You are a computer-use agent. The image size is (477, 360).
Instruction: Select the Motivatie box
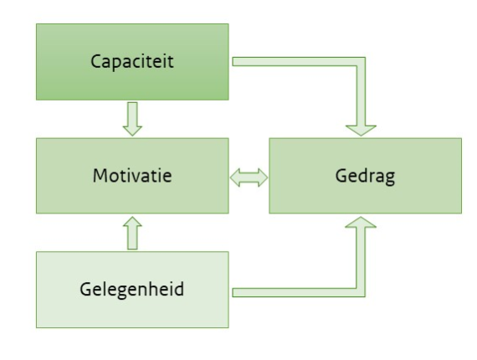[131, 177]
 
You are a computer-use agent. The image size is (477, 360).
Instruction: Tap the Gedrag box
[363, 177]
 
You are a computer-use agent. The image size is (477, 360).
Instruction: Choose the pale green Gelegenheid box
[131, 289]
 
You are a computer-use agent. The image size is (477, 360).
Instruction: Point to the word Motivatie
[131, 177]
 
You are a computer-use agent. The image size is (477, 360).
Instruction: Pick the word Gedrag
[363, 177]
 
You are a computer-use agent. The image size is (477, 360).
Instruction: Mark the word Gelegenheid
[131, 290]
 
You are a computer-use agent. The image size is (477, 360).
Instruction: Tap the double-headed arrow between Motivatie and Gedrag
[248, 177]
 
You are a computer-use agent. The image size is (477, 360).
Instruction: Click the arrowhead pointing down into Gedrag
[360, 127]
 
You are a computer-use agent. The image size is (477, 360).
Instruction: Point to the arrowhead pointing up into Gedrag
[360, 226]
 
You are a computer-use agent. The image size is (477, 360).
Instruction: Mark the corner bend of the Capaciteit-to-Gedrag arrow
[360, 63]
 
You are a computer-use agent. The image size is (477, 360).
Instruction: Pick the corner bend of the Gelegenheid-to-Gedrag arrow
[360, 291]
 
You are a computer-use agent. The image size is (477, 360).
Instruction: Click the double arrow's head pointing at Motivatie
[236, 177]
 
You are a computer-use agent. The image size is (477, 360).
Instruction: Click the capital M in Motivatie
[100, 177]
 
